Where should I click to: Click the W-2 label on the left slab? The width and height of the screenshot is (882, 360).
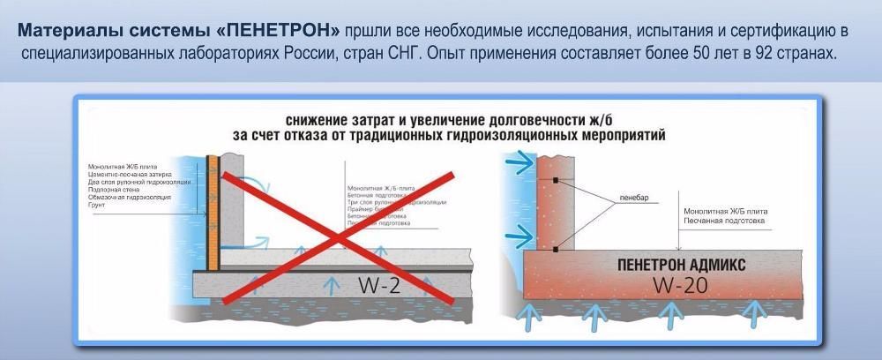coord(381,284)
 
